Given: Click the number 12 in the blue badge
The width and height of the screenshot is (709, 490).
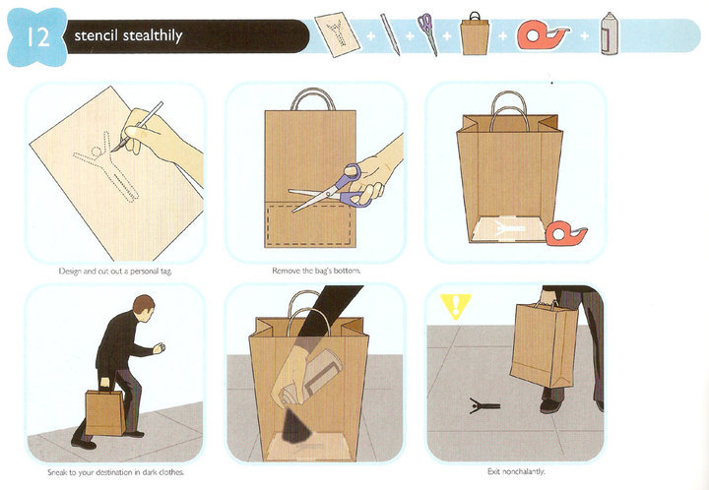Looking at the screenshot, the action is [37, 37].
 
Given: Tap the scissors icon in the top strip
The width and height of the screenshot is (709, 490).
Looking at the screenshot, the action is [427, 33].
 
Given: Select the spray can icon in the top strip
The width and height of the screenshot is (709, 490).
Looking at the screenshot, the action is [610, 33].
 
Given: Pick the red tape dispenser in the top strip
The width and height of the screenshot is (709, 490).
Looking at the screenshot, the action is [543, 34].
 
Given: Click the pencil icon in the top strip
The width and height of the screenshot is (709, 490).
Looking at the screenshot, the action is [390, 34].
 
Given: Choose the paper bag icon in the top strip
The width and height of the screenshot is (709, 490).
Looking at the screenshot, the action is [475, 33].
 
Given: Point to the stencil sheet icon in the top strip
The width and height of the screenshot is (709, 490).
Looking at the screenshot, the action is [338, 33].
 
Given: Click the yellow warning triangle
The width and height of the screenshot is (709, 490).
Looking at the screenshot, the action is [455, 306].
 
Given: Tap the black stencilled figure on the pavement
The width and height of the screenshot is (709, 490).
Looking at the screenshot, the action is [483, 405].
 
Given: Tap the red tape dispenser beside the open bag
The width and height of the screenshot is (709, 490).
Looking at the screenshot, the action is [566, 233].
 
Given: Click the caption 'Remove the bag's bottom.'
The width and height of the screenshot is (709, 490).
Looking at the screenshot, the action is [316, 271].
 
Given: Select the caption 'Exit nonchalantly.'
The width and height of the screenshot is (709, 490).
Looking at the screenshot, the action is [516, 471].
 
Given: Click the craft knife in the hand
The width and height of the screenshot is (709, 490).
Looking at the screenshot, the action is [137, 127].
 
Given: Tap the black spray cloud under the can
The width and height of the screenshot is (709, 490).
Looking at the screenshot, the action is [295, 425].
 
